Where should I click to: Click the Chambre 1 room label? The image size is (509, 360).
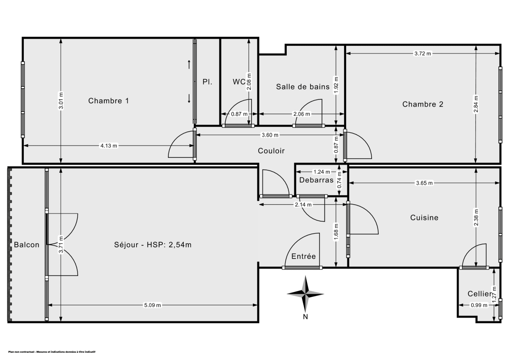click(109, 101)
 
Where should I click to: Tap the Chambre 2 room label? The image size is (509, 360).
click(422, 104)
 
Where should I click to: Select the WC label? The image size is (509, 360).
click(239, 82)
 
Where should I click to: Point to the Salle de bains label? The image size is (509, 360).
click(302, 87)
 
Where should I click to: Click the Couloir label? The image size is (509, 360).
click(271, 151)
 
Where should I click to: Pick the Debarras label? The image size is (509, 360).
click(316, 180)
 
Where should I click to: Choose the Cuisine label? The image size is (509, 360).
click(424, 217)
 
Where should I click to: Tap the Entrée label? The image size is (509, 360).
click(303, 256)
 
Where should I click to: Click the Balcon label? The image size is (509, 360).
click(26, 245)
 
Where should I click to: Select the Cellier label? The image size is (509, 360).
click(480, 294)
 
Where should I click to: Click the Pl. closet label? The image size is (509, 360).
click(207, 82)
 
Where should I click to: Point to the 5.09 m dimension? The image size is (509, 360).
click(153, 305)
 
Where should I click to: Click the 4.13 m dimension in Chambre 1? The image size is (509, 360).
click(109, 146)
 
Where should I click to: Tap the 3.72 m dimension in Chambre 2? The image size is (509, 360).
click(422, 53)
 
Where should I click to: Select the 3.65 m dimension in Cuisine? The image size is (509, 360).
click(424, 183)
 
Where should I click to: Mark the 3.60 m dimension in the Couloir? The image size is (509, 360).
click(270, 135)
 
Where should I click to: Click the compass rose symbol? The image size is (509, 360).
click(305, 293)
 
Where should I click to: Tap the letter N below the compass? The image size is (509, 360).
click(305, 316)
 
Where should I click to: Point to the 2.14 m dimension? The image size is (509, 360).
click(304, 205)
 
